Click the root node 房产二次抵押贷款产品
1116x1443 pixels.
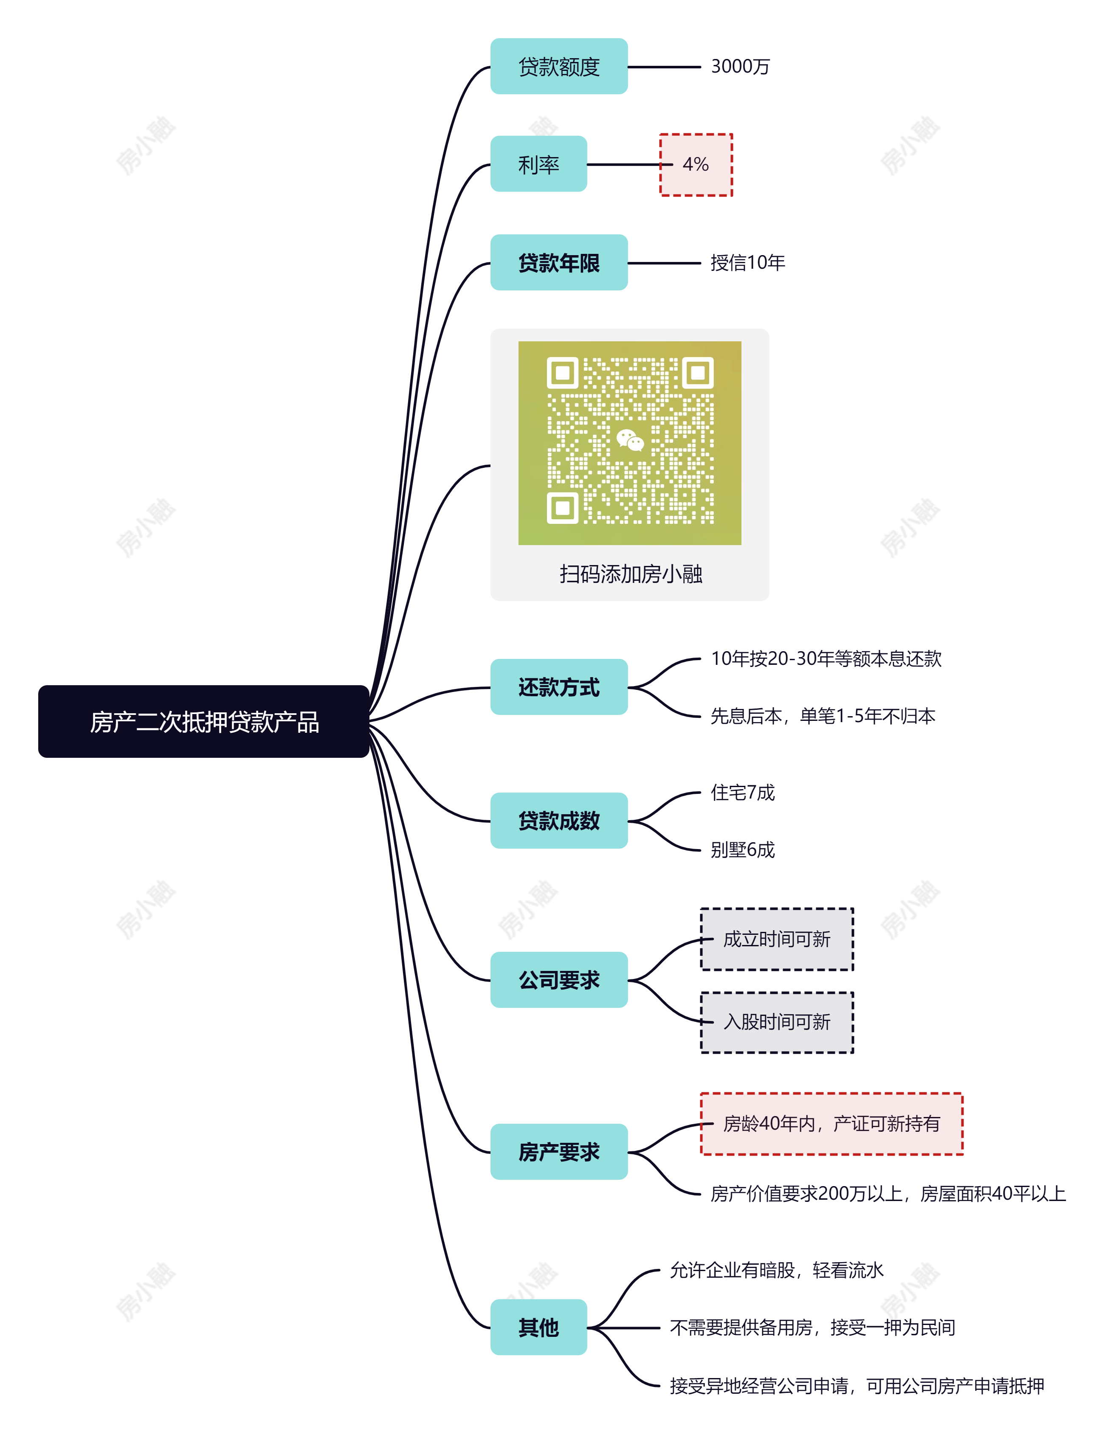(203, 722)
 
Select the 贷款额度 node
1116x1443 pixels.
(558, 67)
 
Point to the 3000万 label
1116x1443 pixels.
(740, 67)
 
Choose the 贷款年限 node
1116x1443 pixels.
(558, 263)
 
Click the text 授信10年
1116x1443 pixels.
(747, 263)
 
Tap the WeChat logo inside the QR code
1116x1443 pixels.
(630, 439)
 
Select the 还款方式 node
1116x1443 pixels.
(558, 687)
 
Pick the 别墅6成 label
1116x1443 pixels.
(742, 849)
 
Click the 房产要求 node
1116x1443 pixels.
(558, 1152)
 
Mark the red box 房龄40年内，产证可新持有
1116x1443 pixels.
(831, 1124)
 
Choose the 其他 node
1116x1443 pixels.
(538, 1328)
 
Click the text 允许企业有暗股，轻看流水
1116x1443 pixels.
(776, 1270)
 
